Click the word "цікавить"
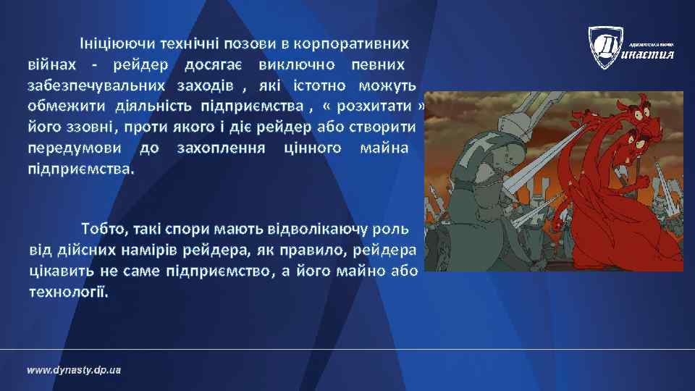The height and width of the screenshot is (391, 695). (x=59, y=272)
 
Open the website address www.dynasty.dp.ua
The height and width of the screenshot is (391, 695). (x=74, y=370)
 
